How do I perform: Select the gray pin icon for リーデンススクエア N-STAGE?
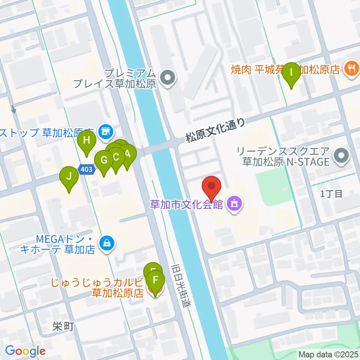pos(341,156)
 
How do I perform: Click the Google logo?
pos(25,351)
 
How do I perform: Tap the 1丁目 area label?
pos(331,194)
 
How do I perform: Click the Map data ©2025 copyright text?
pos(328,354)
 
